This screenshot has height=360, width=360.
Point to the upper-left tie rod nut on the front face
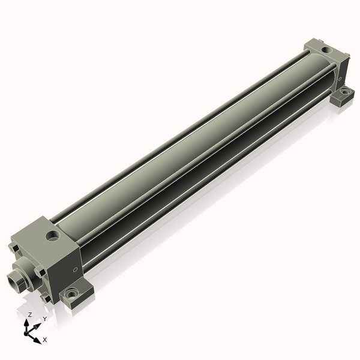coord(14,248)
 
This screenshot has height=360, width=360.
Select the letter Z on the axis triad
coord(29,314)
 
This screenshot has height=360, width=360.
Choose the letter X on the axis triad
coord(45,340)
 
